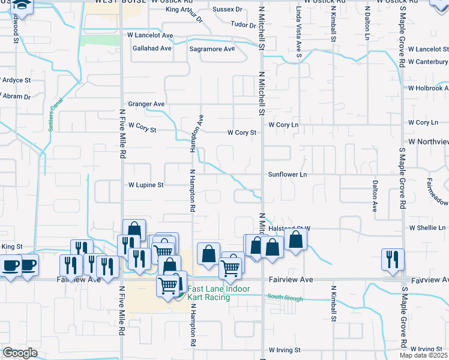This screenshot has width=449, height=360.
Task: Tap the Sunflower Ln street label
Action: (288, 175)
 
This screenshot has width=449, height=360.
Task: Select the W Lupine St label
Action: (146, 185)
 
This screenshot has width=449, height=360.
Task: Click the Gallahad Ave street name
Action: (152, 48)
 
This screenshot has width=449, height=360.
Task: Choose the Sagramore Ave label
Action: (212, 49)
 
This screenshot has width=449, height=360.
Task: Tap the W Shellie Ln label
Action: (427, 228)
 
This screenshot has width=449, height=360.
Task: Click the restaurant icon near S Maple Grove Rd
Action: (392, 259)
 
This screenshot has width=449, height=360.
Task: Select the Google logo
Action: (20, 353)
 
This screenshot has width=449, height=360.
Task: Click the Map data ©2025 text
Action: (424, 355)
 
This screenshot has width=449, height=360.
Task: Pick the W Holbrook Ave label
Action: (427, 88)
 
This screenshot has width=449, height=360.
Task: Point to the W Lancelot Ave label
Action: (149, 35)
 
